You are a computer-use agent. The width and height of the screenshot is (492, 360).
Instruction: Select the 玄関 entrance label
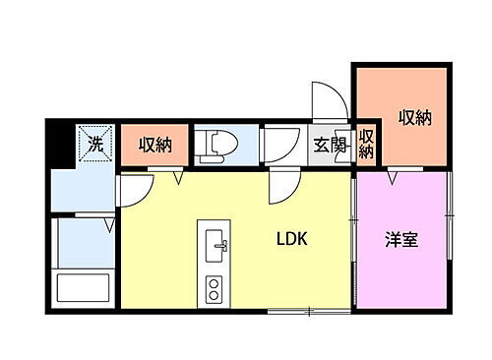(x=328, y=145)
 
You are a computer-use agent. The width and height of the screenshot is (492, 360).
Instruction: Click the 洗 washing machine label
(x=95, y=145)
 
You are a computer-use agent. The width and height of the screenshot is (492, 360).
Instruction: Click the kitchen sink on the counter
(x=215, y=245)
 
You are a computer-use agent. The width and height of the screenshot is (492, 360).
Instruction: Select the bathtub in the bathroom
(x=82, y=291)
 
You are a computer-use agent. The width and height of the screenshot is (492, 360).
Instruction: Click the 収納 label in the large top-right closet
(x=415, y=117)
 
